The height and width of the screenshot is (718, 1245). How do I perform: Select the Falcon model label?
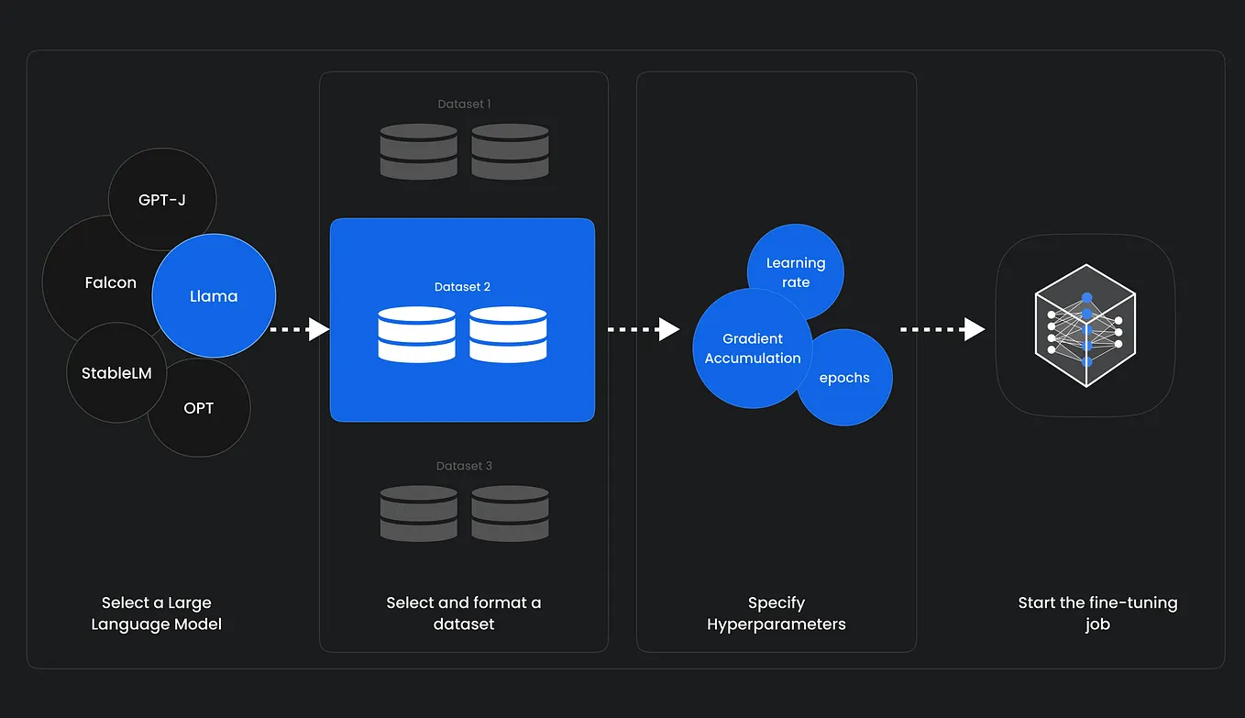pos(110,283)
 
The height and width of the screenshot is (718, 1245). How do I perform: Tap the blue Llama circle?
pos(214,296)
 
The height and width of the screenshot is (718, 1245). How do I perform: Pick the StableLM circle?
pos(116,373)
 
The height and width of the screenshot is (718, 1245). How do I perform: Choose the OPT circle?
pos(199,408)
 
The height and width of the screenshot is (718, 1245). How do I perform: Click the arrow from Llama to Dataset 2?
pos(300,329)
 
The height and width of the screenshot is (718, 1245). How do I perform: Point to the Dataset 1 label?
pos(464,105)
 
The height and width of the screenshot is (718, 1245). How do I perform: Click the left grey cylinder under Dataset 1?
pos(418,151)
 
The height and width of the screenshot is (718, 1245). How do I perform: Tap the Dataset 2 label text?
pos(462,287)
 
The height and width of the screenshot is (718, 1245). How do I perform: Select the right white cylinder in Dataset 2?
pos(508,334)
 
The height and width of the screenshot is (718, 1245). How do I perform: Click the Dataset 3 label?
pos(464,466)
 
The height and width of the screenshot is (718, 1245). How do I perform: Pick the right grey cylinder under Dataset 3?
pos(510,514)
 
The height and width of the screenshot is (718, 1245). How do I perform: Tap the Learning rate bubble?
pos(796,272)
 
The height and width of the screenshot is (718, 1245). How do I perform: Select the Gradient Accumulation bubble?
pos(752,348)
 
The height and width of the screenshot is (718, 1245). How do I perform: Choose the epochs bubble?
pos(844,378)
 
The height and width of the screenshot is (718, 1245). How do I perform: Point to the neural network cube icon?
pos(1085,326)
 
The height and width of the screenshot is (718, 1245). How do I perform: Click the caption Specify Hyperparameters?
pos(776,613)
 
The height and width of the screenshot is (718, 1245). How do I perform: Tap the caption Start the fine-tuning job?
pos(1097,613)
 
